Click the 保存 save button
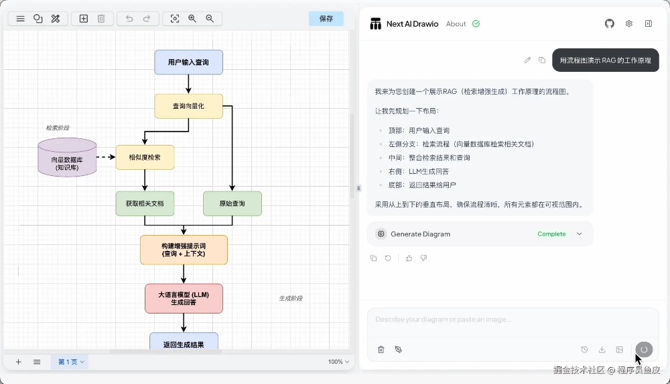click(326, 19)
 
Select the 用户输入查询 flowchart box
click(188, 62)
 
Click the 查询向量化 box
click(188, 106)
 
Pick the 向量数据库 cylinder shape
click(67, 158)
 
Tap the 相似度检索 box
click(145, 157)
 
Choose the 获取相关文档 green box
click(145, 203)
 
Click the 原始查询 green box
click(232, 203)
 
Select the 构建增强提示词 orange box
click(184, 250)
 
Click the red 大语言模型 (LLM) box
click(184, 298)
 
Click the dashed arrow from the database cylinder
click(106, 157)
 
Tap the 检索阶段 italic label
click(58, 128)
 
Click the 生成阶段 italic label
click(291, 298)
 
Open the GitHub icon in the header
click(610, 23)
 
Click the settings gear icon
click(629, 23)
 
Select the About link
click(456, 24)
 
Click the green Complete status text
click(551, 234)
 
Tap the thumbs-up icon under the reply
click(409, 258)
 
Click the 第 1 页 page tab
click(70, 362)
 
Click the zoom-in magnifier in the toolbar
click(192, 19)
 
